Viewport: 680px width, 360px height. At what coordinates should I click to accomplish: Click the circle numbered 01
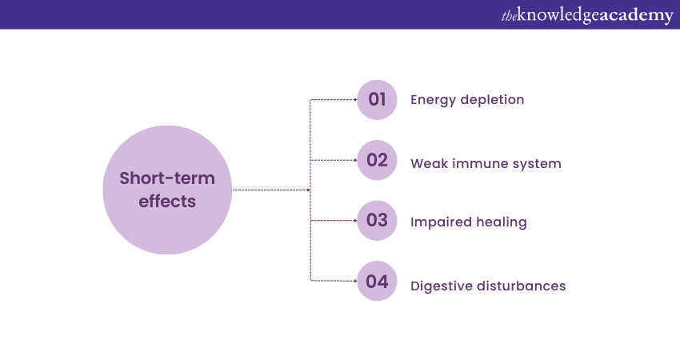click(x=378, y=100)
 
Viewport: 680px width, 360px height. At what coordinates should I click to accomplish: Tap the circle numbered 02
click(x=378, y=160)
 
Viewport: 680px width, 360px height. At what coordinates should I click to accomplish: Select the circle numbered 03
click(x=378, y=220)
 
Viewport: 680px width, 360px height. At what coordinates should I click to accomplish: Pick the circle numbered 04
click(x=378, y=281)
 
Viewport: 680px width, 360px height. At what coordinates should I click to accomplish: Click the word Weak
click(x=428, y=164)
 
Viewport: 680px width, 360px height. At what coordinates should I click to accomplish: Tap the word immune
click(x=478, y=164)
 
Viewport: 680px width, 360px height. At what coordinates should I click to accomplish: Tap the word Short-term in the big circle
click(x=167, y=178)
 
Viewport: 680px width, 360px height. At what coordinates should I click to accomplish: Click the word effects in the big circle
click(x=167, y=201)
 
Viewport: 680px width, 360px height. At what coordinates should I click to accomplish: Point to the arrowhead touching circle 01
click(x=354, y=100)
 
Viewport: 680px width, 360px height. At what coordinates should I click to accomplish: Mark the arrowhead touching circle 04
click(x=354, y=281)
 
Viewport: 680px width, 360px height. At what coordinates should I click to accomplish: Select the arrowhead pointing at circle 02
click(x=354, y=160)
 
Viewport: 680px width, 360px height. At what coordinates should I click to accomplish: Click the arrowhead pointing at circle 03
click(x=354, y=220)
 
